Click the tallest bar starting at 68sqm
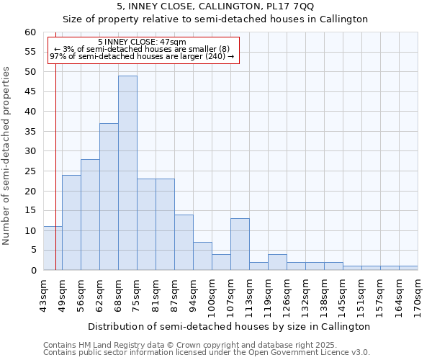pos(127,173)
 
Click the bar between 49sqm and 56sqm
pos(71,222)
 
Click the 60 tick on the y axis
pos(30,32)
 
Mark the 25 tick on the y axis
pos(30,171)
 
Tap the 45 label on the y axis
pos(30,92)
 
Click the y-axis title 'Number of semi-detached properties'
pos(7,156)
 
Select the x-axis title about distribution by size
pos(230,326)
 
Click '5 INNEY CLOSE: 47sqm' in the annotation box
pos(142,42)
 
